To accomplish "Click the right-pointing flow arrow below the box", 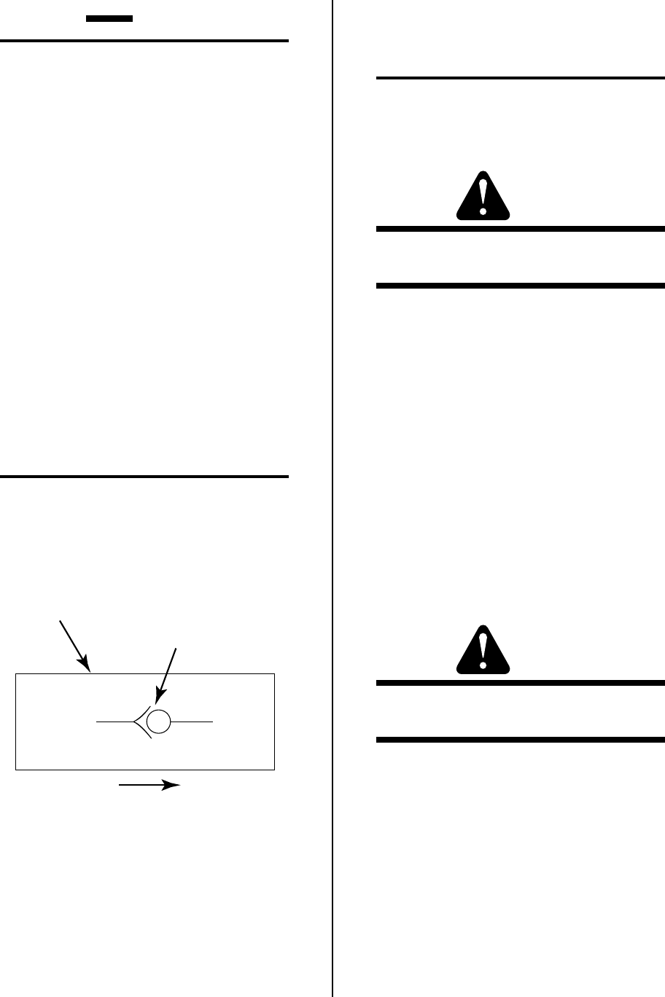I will (150, 785).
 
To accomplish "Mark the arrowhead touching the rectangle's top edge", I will (85, 664).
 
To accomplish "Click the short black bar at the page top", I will (109, 17).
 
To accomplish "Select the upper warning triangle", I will (483, 196).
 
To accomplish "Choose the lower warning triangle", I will (483, 649).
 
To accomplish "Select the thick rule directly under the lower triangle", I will (521, 683).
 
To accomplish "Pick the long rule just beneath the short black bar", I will (144, 42).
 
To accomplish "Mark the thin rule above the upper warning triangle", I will (521, 77).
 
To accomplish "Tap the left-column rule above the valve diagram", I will (144, 477).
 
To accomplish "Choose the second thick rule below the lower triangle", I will (521, 740).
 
